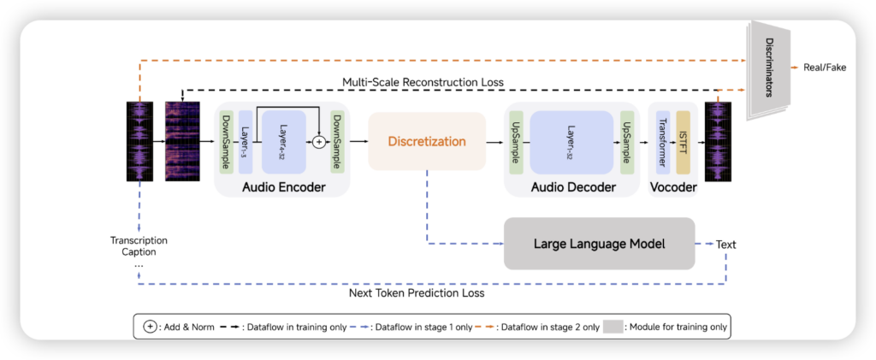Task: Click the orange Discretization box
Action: click(425, 141)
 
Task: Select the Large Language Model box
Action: click(600, 244)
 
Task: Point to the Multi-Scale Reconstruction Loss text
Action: click(423, 82)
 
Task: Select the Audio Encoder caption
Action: click(281, 186)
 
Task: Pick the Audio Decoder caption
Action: click(573, 186)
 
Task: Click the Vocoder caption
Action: click(673, 186)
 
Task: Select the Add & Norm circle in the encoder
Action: click(320, 141)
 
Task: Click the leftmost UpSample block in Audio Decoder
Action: click(516, 140)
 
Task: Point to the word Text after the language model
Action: click(725, 245)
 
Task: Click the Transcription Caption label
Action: click(139, 246)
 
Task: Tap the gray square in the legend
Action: click(613, 327)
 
